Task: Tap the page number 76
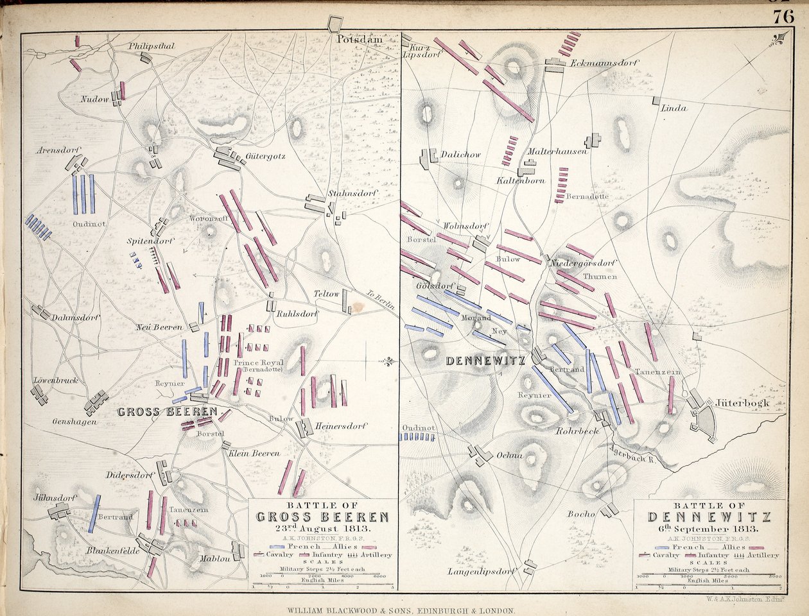pos(783,17)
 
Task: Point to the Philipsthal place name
pos(152,46)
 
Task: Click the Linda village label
pos(674,108)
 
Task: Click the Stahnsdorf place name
pos(352,193)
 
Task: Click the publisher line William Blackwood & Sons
pos(404,611)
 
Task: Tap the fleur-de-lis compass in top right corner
pos(778,40)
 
